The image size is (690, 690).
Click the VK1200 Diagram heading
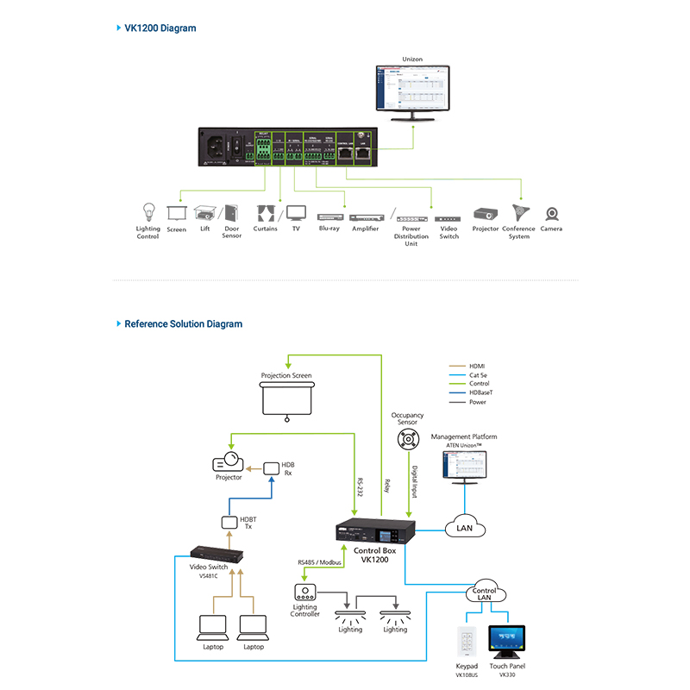160,28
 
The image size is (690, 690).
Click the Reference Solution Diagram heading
183,324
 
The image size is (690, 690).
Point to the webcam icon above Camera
551,214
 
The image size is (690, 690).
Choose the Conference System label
518,233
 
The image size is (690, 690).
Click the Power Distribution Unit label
411,235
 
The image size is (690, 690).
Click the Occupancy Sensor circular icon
407,440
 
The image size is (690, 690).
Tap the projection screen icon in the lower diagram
285,399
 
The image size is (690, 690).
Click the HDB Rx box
272,467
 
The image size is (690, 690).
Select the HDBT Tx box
229,523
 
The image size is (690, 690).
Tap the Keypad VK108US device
466,643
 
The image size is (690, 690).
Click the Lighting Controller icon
305,593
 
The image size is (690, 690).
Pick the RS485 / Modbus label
319,561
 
